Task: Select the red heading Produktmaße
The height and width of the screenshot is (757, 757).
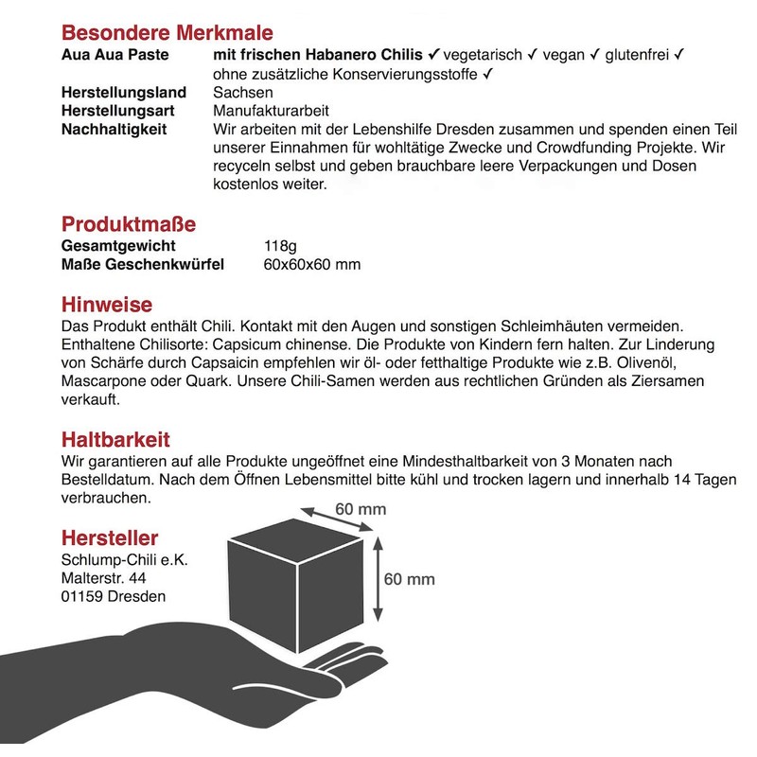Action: click(129, 224)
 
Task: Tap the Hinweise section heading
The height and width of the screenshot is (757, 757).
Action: click(106, 305)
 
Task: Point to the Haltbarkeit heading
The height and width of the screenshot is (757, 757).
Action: click(116, 440)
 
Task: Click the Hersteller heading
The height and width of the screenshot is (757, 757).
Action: click(110, 538)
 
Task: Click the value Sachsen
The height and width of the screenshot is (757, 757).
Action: click(243, 93)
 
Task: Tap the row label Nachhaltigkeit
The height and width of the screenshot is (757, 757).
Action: click(114, 129)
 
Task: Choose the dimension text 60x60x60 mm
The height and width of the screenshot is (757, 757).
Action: click(312, 265)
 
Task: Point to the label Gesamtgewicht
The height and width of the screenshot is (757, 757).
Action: click(118, 246)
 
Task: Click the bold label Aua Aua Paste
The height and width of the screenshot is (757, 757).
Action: click(114, 55)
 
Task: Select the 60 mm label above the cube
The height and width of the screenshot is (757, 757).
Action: click(361, 509)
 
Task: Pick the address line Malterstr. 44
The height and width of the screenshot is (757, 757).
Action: click(104, 577)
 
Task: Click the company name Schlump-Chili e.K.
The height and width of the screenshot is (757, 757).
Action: click(124, 559)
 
